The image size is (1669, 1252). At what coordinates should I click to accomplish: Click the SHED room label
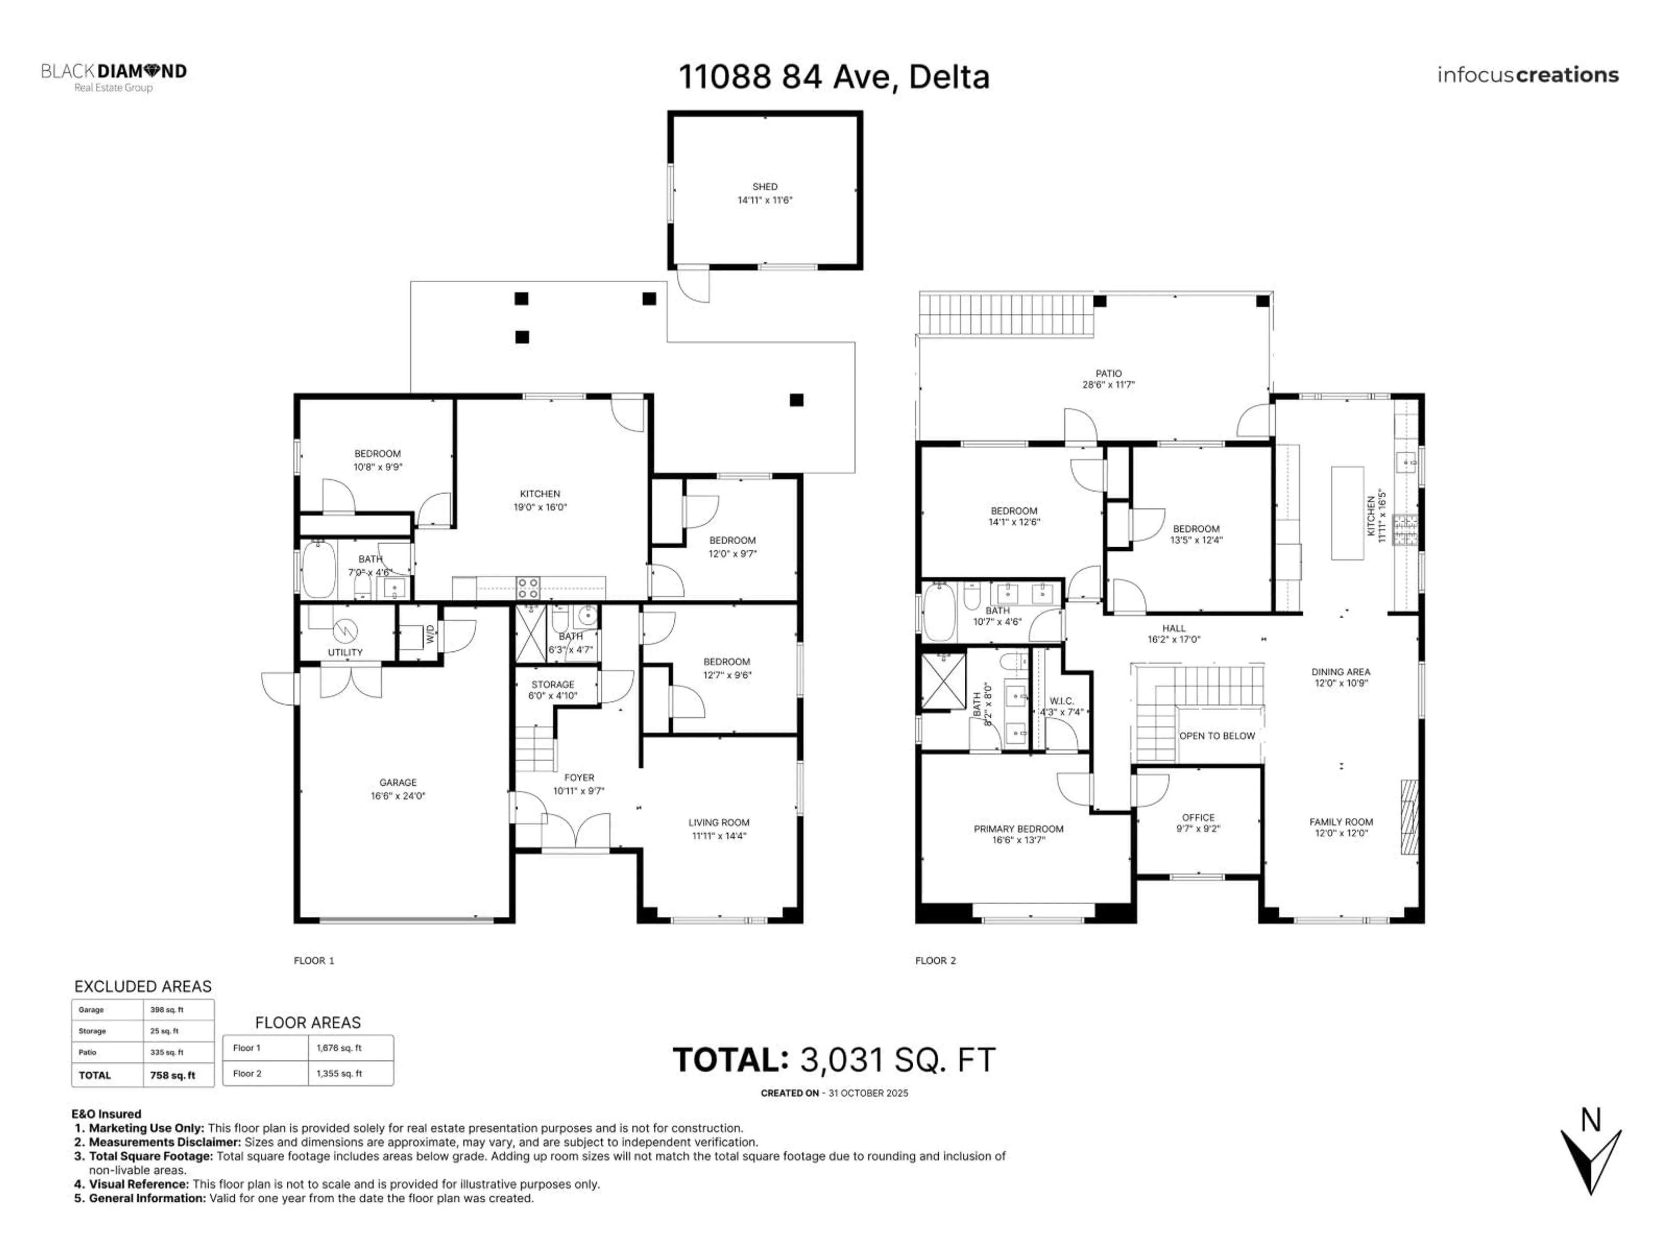[x=765, y=186]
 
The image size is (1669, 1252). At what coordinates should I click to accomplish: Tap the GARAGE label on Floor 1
[x=398, y=782]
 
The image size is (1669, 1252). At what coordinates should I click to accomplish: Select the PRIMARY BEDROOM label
[x=1018, y=829]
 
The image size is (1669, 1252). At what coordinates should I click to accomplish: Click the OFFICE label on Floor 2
[x=1198, y=817]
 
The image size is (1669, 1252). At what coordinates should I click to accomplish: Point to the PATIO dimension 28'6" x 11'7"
[x=1108, y=385]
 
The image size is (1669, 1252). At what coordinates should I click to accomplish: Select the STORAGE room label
[x=552, y=685]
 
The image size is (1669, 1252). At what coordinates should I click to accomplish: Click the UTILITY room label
[x=345, y=652]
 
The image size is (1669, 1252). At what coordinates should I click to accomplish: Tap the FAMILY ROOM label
[x=1341, y=822]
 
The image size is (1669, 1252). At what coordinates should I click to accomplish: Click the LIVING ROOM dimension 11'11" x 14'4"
[x=718, y=836]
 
